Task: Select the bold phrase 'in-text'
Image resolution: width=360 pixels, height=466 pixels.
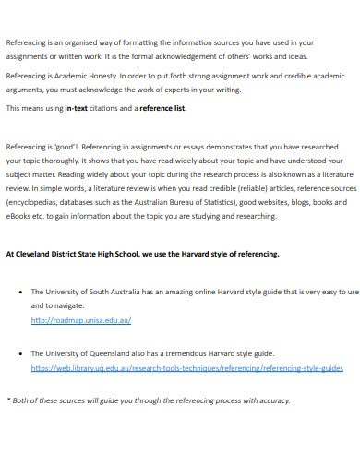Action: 79,108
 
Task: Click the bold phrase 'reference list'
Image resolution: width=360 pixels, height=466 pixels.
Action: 162,108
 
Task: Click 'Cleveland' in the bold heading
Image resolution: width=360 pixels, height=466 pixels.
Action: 39,253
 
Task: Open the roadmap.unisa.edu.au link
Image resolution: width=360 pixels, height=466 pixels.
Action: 81,320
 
